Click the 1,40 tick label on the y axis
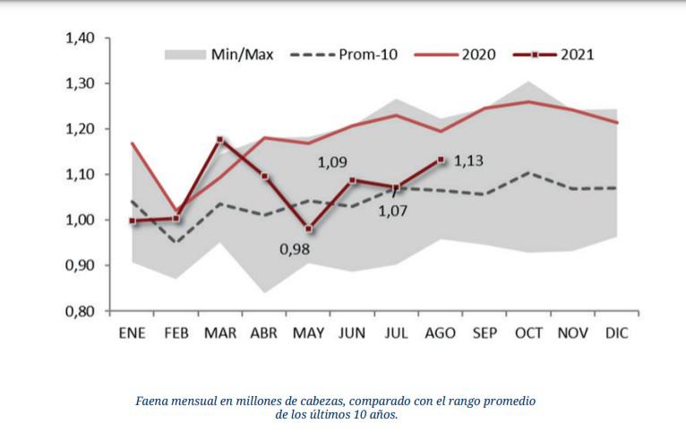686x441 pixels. tap(80, 39)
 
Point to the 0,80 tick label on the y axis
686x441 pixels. tap(80, 311)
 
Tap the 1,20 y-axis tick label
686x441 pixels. tap(80, 129)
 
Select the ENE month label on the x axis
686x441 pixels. tap(133, 333)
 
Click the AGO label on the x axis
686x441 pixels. tap(440, 333)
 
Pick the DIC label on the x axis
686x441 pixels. tap(616, 333)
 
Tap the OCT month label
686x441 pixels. tap(528, 333)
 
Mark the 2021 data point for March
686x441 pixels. tap(220, 140)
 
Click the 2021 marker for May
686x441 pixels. tap(308, 229)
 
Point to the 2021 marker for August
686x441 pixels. tap(440, 160)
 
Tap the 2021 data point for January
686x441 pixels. tap(133, 220)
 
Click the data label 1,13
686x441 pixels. tap(468, 161)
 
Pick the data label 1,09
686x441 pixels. tap(332, 163)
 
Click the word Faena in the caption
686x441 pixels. tap(153, 402)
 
